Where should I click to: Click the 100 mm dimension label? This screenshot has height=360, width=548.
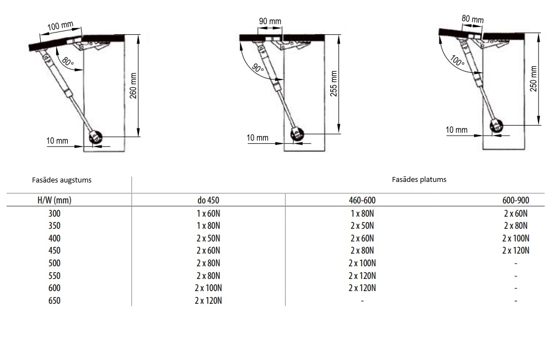pos(60,26)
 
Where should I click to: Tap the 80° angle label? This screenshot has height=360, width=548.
pos(68,62)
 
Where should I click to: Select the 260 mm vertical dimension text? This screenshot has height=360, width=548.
pos(133,85)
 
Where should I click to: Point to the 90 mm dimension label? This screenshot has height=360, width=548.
pos(270,21)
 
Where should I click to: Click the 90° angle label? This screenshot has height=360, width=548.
pos(258,68)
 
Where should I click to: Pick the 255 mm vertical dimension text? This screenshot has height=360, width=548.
pos(334,84)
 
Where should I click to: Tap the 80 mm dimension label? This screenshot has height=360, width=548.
pos(472,19)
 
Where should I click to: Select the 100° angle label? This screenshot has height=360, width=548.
pos(458,61)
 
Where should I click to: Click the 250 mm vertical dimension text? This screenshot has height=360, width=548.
pos(533,79)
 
